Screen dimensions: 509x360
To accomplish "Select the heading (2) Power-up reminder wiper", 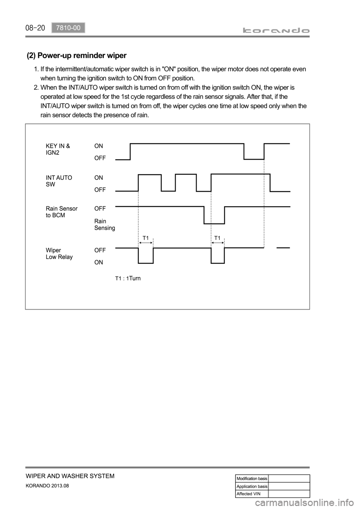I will point(77,56).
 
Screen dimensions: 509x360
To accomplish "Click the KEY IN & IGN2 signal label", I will point(57,149).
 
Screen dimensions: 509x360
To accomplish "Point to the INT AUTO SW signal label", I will point(58,181).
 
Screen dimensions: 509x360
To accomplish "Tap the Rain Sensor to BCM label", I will point(61,212).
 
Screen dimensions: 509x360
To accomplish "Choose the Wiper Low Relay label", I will point(59,253).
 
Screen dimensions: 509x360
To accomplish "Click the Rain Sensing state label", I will point(105,224).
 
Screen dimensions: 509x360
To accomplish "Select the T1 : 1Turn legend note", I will point(127,278).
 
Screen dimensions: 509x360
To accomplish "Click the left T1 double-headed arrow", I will point(145,243).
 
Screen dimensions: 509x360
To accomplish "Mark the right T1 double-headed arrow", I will point(217,243).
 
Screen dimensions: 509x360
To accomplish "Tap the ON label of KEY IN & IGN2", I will point(99,146).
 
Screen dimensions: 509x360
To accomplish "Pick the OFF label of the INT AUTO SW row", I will point(100,190).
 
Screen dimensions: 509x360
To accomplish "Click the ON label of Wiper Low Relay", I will point(99,262).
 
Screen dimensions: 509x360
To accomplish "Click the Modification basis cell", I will point(252,479).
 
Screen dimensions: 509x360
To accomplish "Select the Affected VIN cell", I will point(252,494).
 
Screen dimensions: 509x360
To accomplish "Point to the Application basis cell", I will point(252,486).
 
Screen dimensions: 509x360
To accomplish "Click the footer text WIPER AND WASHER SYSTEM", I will point(70,476).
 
